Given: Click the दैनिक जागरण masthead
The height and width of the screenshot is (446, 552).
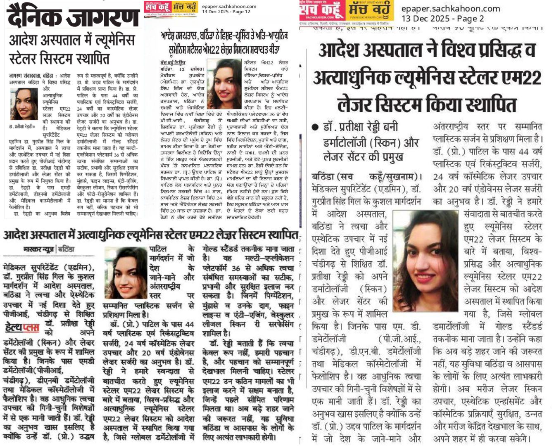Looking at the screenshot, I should click(74, 17).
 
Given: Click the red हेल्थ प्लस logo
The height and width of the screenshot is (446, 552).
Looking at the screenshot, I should click(22, 328).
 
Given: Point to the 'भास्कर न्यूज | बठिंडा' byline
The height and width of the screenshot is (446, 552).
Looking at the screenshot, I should click(49, 249).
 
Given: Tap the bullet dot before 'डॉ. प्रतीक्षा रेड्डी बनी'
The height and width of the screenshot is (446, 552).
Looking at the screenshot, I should click(315, 127).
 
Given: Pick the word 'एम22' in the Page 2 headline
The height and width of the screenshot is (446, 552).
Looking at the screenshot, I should click(519, 78).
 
